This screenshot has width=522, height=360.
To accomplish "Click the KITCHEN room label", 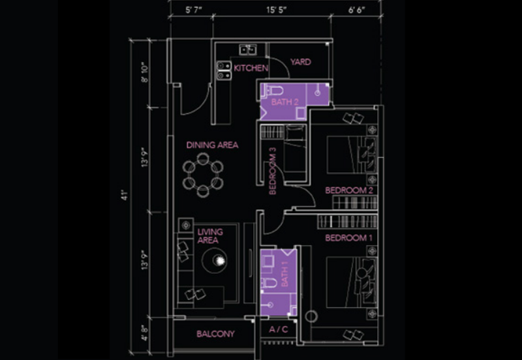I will click(251, 68).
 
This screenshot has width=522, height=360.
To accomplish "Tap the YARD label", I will click(300, 62).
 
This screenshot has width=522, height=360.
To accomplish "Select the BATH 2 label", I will click(284, 102).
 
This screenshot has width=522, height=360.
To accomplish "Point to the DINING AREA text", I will click(212, 145).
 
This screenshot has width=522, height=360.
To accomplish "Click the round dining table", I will click(203, 175).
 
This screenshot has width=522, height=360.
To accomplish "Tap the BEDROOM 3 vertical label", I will click(273, 171).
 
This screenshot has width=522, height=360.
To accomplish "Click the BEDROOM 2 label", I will click(349, 190).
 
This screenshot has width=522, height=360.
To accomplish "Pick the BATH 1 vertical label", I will click(284, 273).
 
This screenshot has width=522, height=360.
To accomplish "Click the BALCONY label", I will click(215, 334).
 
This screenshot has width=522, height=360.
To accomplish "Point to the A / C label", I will click(279, 330).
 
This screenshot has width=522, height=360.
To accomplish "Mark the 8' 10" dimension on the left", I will click(144, 72).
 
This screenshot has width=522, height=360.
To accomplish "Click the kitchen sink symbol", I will click(247, 50).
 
